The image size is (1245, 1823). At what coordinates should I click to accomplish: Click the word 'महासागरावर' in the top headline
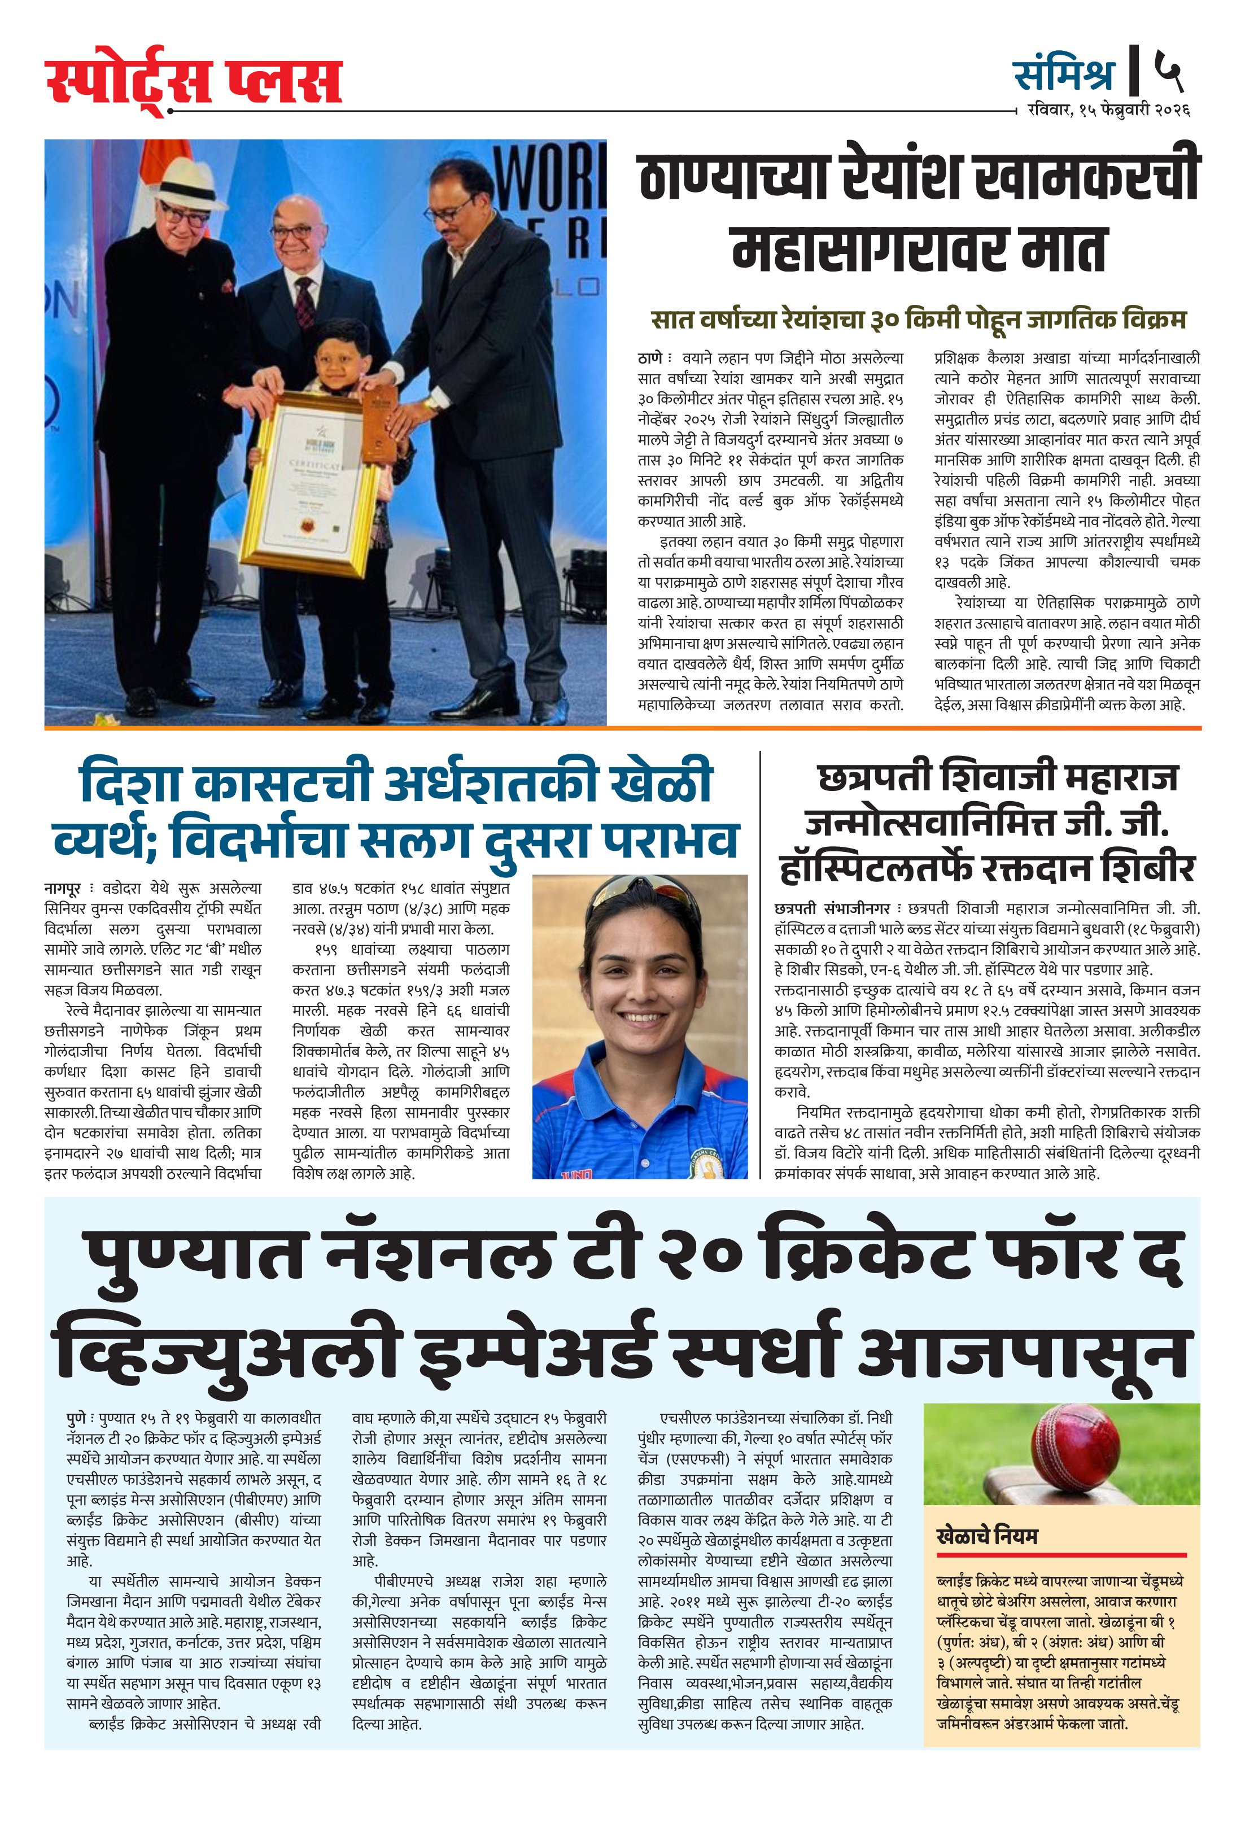[886, 248]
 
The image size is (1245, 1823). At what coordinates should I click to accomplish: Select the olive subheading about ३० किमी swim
[919, 319]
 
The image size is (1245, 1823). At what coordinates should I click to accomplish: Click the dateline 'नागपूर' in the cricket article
[62, 889]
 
